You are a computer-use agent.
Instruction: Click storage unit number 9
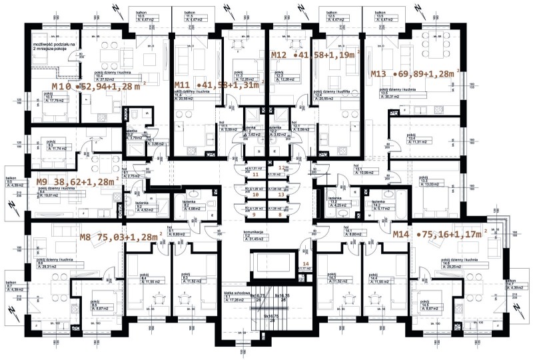254,215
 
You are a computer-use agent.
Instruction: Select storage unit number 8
280,215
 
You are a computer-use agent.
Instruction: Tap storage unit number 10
254,195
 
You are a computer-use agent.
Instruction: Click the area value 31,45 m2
257,239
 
